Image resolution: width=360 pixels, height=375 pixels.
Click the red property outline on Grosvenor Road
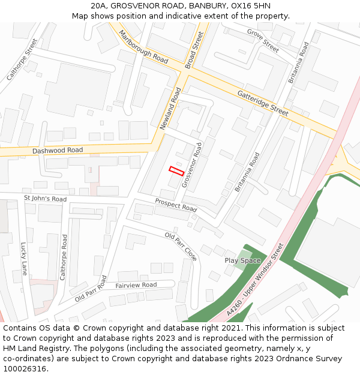pos(176,171)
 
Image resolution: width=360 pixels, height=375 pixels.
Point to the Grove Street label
pos(263,40)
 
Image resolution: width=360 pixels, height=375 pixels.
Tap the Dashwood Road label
pos(58,150)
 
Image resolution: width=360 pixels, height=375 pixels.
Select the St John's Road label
pos(45,199)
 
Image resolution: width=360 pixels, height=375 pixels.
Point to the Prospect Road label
pos(176,205)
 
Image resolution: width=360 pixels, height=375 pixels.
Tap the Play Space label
pos(242,260)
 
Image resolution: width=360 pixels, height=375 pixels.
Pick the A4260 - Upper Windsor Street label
pos(255,280)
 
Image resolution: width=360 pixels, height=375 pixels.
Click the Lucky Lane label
pos(24,259)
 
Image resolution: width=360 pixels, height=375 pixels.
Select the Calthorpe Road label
pos(63,257)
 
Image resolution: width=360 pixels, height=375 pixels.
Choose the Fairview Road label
pos(136,285)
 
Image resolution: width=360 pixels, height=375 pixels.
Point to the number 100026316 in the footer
pos(25,369)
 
